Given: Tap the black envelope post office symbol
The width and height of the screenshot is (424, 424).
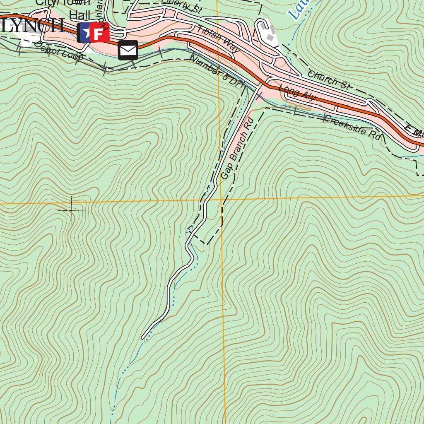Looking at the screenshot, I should tap(128, 50).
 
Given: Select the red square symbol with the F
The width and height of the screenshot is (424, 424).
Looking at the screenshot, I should tap(99, 33).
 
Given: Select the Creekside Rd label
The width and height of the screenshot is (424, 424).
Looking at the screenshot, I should tap(352, 127).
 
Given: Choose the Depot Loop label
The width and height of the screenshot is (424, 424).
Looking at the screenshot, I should tap(59, 51).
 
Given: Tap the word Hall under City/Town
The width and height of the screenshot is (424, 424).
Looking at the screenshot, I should tap(79, 15).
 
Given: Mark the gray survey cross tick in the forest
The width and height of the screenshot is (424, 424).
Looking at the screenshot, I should tap(72, 210).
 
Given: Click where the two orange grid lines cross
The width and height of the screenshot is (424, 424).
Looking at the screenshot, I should tap(221, 199).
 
